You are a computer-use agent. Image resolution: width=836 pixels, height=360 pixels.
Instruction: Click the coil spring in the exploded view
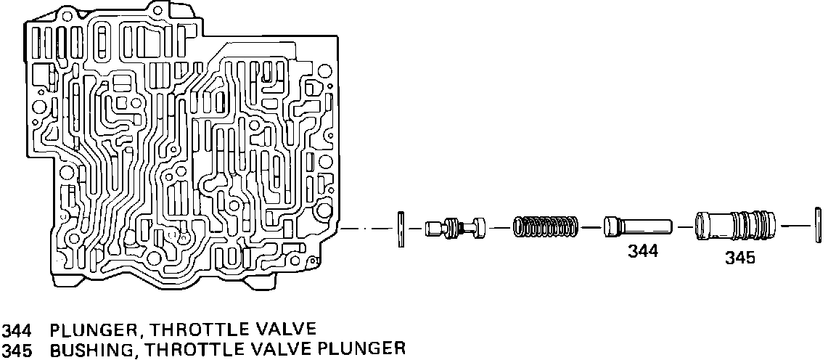point(546,226)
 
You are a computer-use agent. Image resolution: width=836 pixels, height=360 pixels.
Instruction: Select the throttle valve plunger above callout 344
point(637,226)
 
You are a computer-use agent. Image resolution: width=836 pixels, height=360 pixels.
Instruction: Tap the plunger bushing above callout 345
point(734,226)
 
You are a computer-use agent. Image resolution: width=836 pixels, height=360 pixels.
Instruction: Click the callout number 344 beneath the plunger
point(642,251)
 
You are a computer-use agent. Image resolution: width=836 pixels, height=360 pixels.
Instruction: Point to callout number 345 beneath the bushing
point(739,257)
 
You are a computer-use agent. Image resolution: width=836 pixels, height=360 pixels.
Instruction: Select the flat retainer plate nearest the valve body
point(400,229)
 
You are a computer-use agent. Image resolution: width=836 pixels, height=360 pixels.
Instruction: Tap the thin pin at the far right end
point(819,226)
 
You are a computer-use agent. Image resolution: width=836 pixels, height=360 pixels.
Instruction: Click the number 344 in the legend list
point(17,330)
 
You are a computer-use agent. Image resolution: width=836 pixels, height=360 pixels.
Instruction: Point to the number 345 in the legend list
point(17,349)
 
